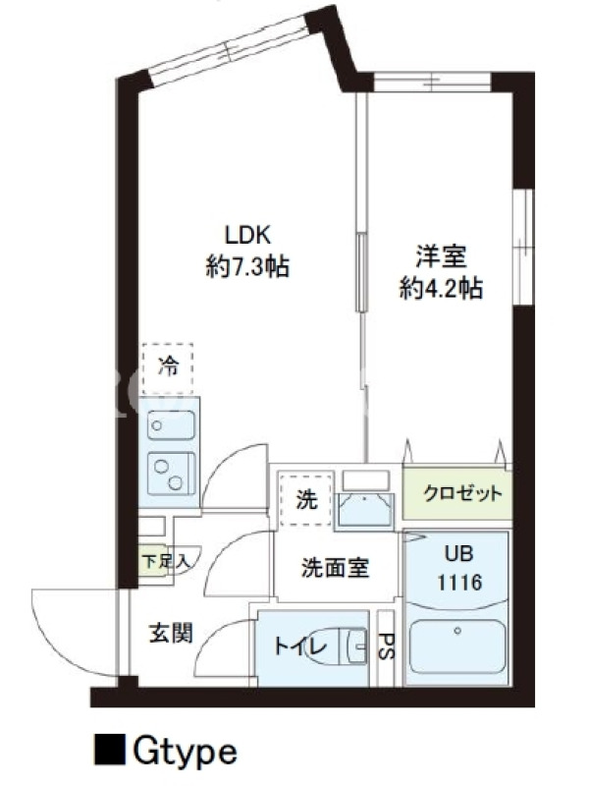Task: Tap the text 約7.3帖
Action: (x=247, y=265)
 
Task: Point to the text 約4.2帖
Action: (x=440, y=289)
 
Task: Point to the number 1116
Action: (x=458, y=583)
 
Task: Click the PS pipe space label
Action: (x=386, y=648)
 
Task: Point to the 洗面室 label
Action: (x=335, y=567)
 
